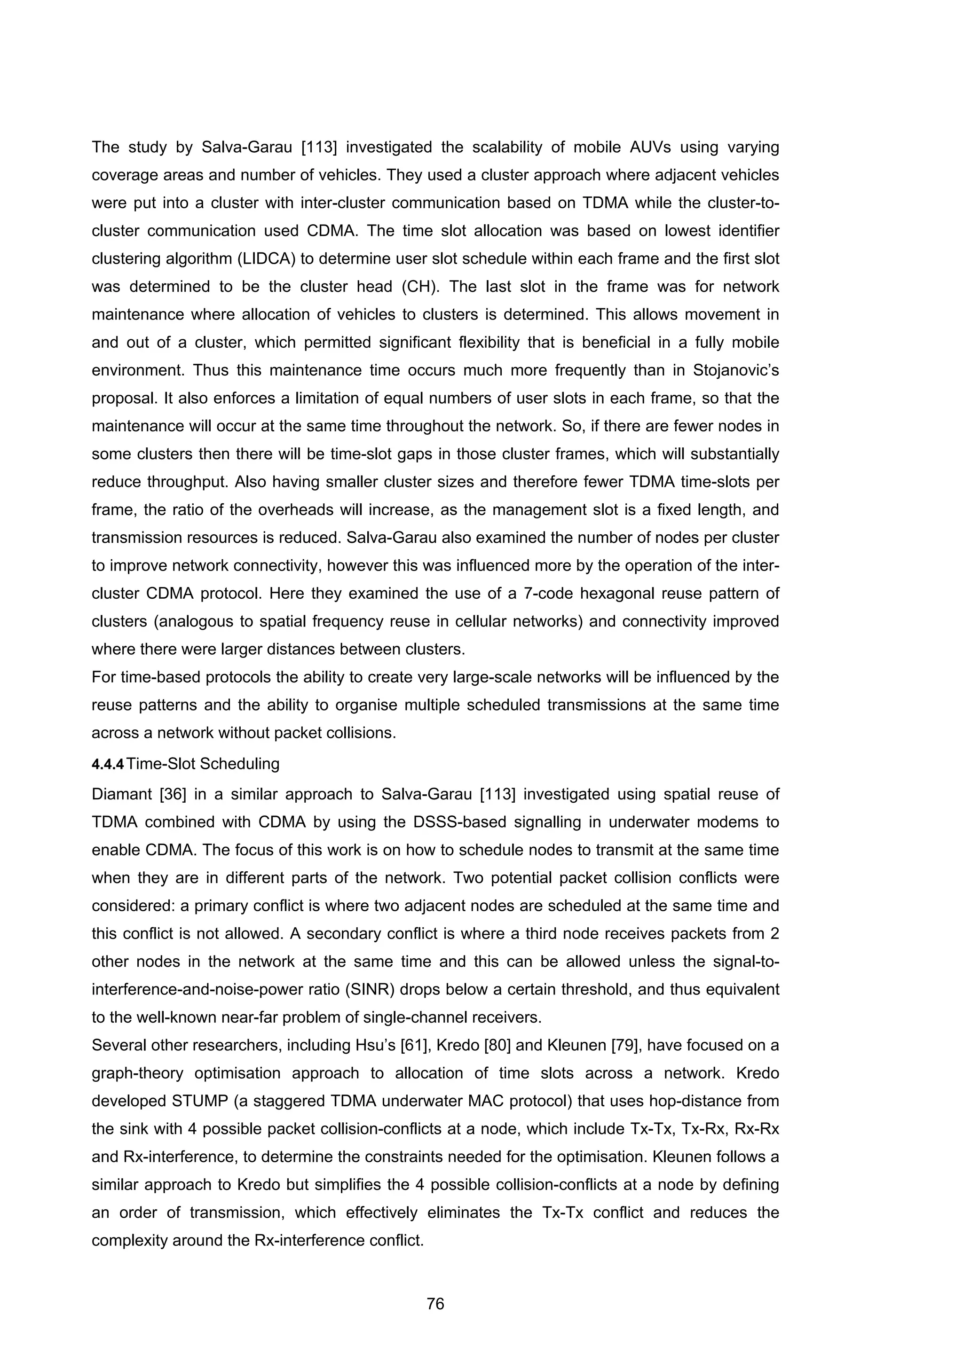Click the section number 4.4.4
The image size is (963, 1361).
108,764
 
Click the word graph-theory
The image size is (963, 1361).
139,1073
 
